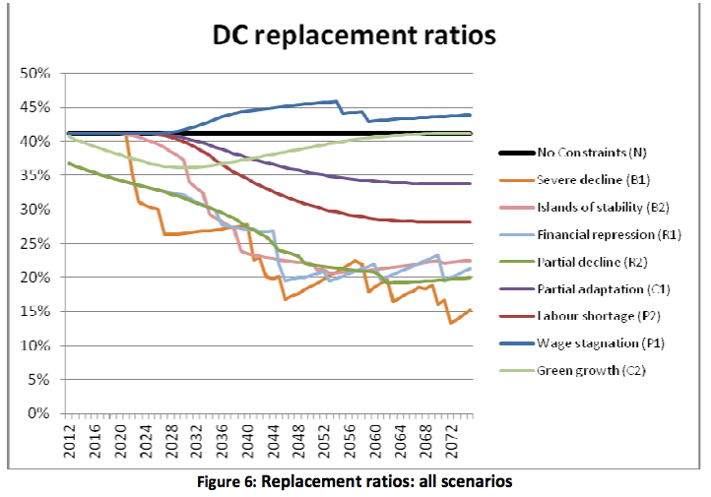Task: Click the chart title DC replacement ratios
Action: pyautogui.click(x=356, y=36)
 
